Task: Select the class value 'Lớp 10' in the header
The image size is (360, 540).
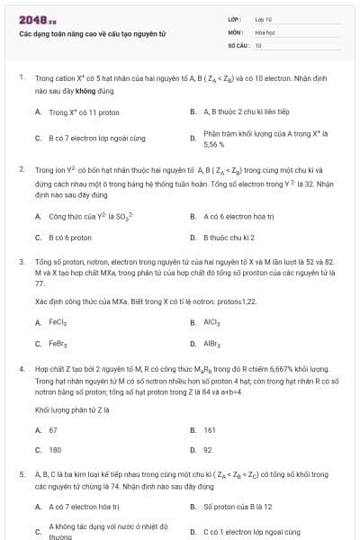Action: [x=263, y=18]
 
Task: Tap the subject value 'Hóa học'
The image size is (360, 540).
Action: [x=264, y=31]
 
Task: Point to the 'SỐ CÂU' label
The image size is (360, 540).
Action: [x=237, y=44]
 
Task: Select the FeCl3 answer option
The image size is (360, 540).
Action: [x=58, y=322]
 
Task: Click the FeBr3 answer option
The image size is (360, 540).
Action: [x=58, y=344]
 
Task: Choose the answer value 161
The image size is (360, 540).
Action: [x=210, y=430]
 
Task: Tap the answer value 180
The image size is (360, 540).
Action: [x=55, y=449]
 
